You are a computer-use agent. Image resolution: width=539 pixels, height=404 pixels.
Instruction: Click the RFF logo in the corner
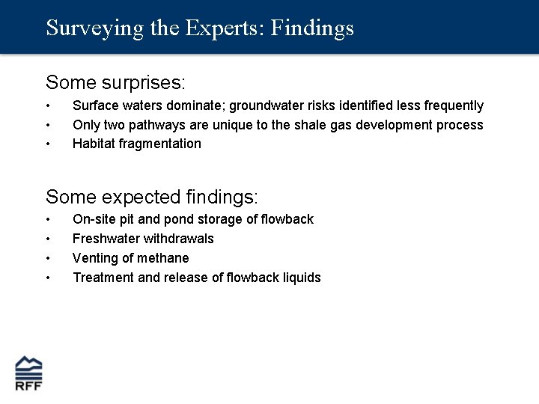point(29,373)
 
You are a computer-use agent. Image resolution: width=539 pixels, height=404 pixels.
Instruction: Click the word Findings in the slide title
point(312,28)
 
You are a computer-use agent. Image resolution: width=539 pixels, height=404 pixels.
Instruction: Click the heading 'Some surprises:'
point(115,81)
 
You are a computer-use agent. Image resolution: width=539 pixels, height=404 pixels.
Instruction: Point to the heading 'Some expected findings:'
point(151,197)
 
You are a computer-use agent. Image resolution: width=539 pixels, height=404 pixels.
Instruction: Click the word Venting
point(96,258)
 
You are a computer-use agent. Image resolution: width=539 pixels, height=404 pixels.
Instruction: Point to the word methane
point(165,258)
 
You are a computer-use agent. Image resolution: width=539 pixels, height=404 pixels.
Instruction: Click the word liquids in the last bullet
point(301,278)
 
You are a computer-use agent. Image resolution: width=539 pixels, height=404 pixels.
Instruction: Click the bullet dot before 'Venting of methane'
point(48,258)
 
